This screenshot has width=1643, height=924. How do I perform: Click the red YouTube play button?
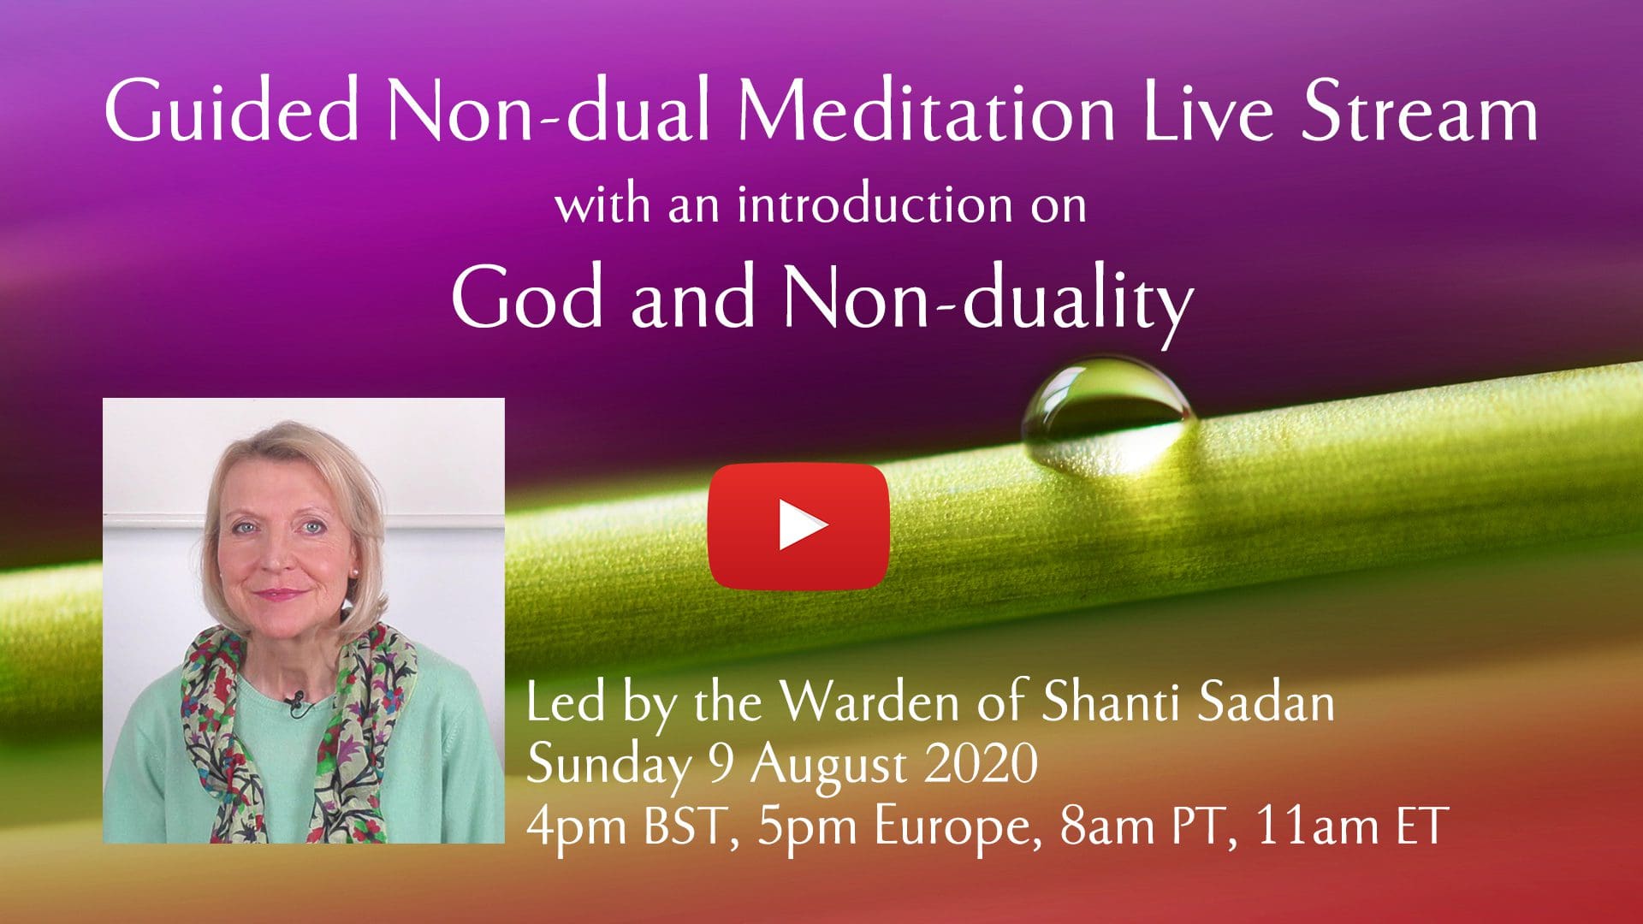coord(798,526)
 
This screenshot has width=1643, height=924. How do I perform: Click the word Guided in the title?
coord(232,112)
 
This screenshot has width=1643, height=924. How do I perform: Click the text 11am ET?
coord(1351,826)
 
